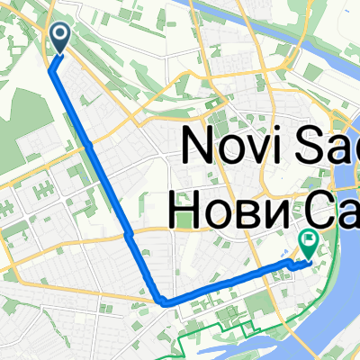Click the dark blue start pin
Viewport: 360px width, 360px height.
60,37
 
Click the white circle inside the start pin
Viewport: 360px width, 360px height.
60,34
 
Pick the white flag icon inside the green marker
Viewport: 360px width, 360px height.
308,240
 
